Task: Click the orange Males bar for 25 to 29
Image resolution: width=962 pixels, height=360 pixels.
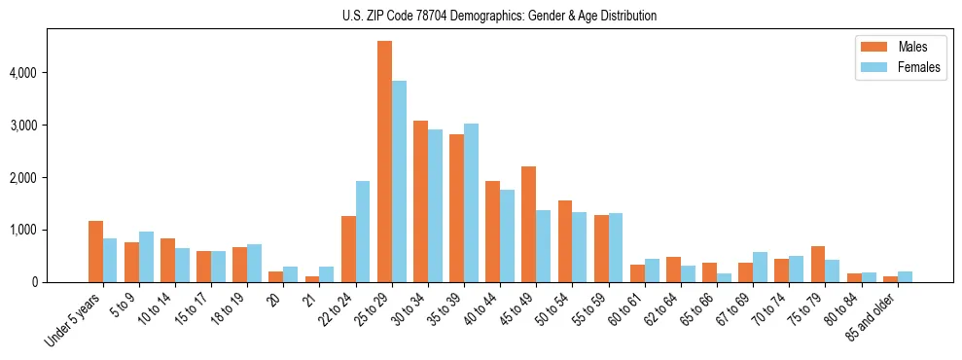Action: (x=384, y=162)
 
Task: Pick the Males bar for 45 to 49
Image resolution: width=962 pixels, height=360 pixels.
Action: (x=529, y=224)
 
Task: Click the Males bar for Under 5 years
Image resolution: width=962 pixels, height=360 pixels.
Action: (x=95, y=251)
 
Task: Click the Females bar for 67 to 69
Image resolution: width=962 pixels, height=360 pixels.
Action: (x=760, y=267)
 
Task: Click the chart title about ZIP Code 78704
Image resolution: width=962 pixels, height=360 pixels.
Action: (x=499, y=16)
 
